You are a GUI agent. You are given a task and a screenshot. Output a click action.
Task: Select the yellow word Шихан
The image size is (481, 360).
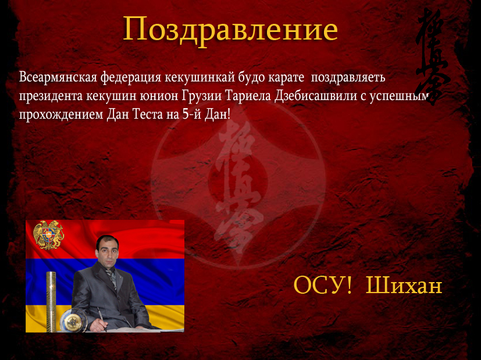[x=404, y=285]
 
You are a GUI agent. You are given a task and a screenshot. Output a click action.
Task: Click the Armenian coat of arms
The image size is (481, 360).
[x=48, y=234]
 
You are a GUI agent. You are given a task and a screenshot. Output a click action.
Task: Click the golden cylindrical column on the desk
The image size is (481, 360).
[x=51, y=301]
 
